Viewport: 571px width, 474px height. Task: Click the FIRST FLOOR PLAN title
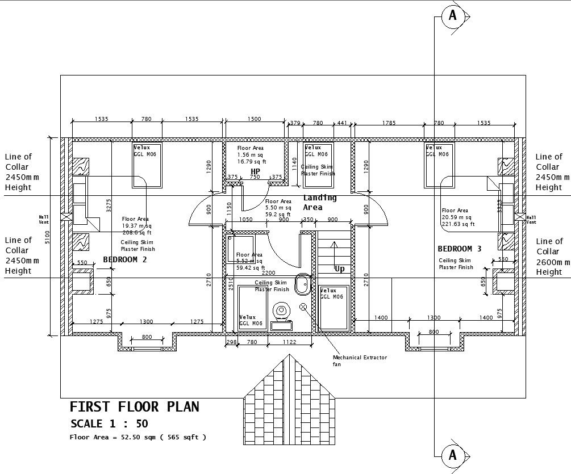[x=134, y=407]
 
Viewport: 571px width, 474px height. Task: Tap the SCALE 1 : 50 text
[x=109, y=424]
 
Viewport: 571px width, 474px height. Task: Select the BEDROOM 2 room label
[x=125, y=259]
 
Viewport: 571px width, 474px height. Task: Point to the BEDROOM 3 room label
[x=459, y=249]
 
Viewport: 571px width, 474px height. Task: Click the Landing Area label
[x=319, y=203]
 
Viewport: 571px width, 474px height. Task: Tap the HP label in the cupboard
[x=255, y=171]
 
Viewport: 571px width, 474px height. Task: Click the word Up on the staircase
[x=339, y=269]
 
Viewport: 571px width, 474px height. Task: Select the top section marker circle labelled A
[x=452, y=16]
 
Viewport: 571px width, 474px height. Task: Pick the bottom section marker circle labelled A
[x=452, y=455]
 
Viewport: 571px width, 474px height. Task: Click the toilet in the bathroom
[x=281, y=314]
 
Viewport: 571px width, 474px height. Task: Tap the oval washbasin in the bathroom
[x=302, y=283]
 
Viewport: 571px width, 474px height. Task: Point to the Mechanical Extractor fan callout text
[x=360, y=360]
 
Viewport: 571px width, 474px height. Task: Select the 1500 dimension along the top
[x=255, y=119]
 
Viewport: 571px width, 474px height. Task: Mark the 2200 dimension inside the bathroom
[x=268, y=273]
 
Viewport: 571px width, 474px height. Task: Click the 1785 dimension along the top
[x=389, y=122]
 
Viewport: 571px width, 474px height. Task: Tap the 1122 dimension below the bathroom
[x=290, y=342]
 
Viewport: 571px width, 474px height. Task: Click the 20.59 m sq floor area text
[x=456, y=217]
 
